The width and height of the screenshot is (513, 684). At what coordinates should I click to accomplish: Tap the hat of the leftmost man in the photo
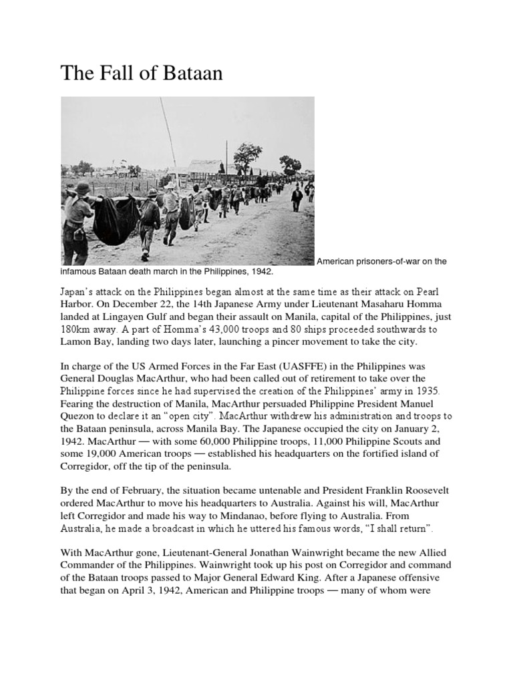point(82,189)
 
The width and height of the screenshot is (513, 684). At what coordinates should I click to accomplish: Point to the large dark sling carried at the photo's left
point(115,220)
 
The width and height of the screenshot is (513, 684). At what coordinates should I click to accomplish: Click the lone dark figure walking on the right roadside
point(297,198)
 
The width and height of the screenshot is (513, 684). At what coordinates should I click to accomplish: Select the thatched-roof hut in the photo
point(204,167)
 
